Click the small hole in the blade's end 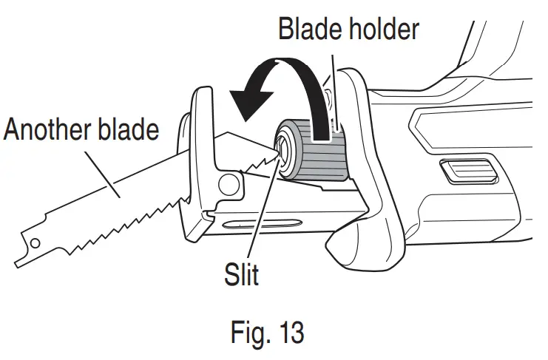click(33, 241)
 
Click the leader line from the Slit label click(263, 214)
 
